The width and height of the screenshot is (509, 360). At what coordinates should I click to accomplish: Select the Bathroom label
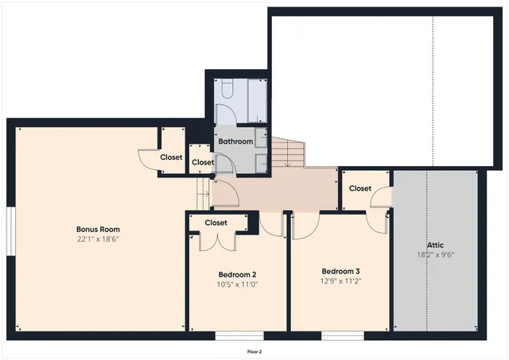(236, 141)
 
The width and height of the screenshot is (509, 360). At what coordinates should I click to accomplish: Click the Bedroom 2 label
(237, 273)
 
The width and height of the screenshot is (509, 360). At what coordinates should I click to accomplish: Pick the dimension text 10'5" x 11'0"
(237, 284)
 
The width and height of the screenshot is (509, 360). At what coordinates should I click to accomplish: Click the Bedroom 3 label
(341, 269)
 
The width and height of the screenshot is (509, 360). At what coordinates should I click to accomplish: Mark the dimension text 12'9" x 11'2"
(341, 280)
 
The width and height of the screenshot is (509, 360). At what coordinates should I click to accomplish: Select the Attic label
(434, 245)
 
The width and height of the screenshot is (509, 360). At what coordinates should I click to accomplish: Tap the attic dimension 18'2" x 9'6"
(434, 255)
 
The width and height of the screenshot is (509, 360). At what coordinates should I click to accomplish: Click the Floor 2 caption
(254, 350)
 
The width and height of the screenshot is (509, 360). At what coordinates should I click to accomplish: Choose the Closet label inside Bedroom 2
(216, 223)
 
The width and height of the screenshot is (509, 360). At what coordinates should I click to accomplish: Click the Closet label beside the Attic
(360, 188)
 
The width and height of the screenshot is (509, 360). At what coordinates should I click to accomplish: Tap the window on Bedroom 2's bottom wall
(239, 335)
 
